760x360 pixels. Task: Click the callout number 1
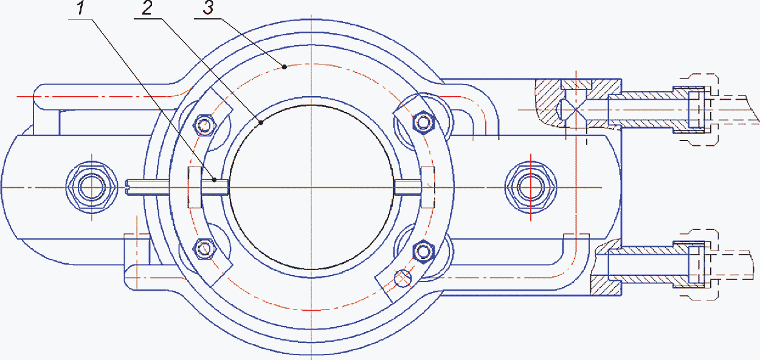tap(80, 8)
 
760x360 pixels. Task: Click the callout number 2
tap(147, 8)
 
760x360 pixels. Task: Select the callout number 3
tap(208, 8)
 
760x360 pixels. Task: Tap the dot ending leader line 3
tap(285, 67)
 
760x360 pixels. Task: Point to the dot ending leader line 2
tap(261, 123)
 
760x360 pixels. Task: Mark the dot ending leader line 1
tap(214, 180)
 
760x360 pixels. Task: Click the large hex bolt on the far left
tap(92, 187)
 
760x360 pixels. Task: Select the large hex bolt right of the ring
tap(531, 187)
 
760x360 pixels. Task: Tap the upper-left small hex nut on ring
tap(204, 125)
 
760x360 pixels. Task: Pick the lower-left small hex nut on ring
tap(204, 249)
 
